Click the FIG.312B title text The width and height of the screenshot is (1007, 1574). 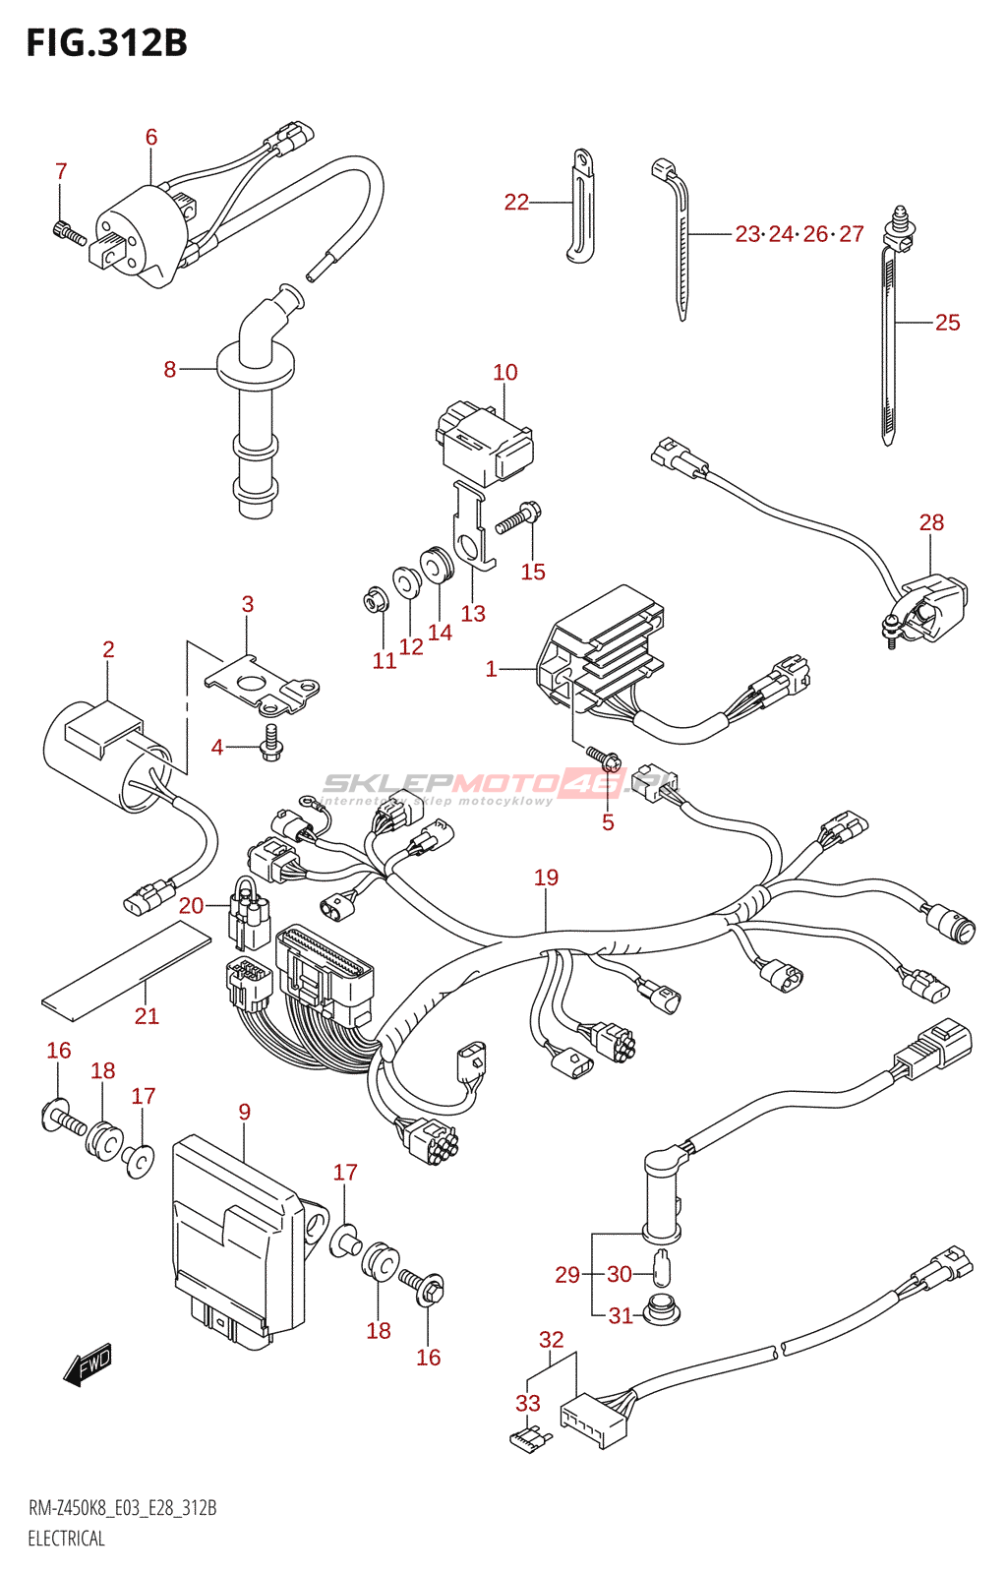[106, 43]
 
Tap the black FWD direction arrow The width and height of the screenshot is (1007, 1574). [88, 1364]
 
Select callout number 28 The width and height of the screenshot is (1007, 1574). [931, 522]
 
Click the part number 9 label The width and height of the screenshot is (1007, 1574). [244, 1112]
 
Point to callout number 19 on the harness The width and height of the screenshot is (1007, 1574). [546, 878]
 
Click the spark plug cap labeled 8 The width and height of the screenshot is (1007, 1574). [256, 413]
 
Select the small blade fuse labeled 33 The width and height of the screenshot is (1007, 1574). [530, 1440]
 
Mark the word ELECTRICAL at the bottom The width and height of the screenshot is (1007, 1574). [66, 1539]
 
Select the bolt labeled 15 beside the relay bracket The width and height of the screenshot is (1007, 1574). [518, 518]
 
